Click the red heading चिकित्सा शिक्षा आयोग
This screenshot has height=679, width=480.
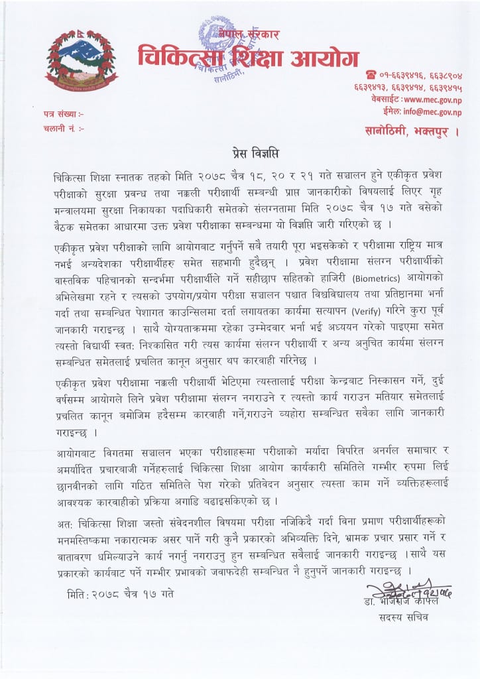(x=249, y=57)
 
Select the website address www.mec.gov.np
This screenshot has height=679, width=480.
(x=433, y=99)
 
